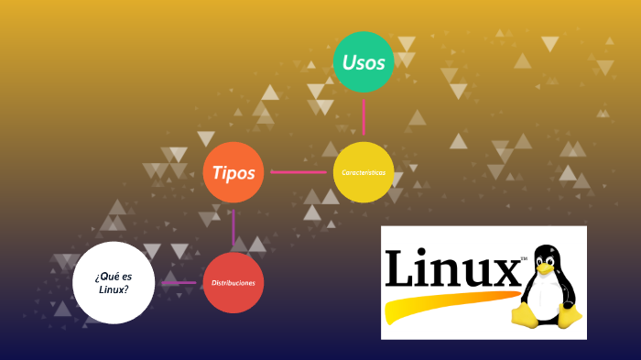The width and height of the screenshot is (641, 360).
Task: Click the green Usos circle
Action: [x=364, y=62]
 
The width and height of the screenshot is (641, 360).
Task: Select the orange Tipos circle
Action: [x=234, y=172]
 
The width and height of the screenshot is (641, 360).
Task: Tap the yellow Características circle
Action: [x=364, y=172]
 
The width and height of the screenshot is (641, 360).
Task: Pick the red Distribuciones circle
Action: [x=234, y=282]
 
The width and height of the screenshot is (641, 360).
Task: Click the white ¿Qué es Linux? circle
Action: [x=113, y=282]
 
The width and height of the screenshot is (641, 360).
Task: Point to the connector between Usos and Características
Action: [x=364, y=117]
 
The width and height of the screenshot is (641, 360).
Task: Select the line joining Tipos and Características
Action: [x=299, y=171]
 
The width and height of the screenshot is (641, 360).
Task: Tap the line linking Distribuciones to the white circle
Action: [x=179, y=282]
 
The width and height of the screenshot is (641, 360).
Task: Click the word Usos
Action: [x=364, y=62]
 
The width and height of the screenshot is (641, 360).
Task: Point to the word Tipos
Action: [x=234, y=172]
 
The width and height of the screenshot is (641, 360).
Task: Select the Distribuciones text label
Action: [x=234, y=283]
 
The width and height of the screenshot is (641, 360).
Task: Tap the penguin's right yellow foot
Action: [x=570, y=317]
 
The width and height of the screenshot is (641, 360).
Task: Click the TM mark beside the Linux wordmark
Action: [x=524, y=259]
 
